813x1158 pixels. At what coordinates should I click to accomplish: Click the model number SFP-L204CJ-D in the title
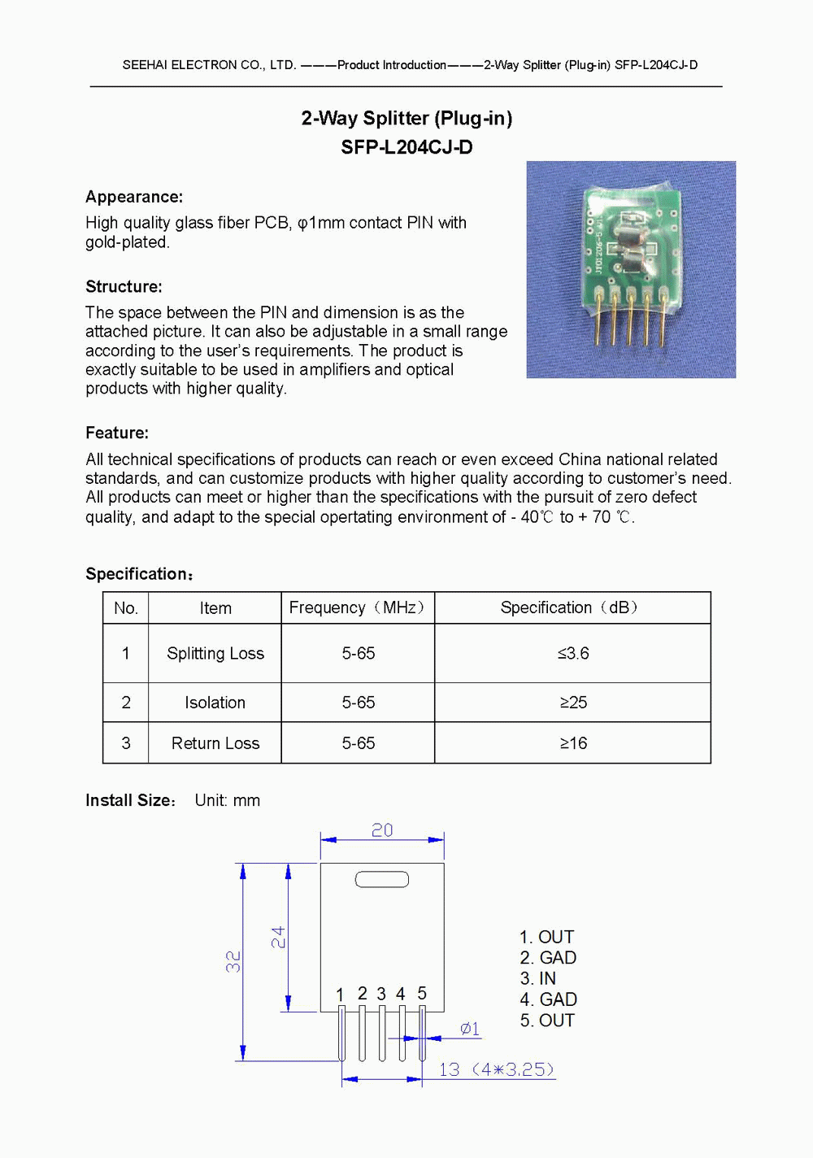pyautogui.click(x=406, y=147)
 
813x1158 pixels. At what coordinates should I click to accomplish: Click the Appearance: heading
pyautogui.click(x=134, y=197)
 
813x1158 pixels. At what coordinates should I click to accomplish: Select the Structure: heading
pyautogui.click(x=124, y=286)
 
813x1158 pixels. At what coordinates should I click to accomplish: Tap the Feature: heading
pyautogui.click(x=117, y=433)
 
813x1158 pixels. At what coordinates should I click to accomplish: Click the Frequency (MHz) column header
pyautogui.click(x=357, y=607)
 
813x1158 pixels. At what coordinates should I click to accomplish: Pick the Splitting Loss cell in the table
pyautogui.click(x=215, y=653)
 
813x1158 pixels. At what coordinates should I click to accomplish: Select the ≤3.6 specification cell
pyautogui.click(x=573, y=653)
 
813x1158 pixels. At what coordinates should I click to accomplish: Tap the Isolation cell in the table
pyautogui.click(x=215, y=703)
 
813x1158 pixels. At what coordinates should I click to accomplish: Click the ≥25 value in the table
pyautogui.click(x=573, y=703)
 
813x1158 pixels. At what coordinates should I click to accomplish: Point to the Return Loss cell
pyautogui.click(x=215, y=743)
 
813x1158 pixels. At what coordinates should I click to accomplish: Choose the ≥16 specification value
pyautogui.click(x=573, y=743)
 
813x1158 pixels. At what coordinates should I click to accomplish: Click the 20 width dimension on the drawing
pyautogui.click(x=382, y=830)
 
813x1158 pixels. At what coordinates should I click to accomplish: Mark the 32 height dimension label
pyautogui.click(x=233, y=961)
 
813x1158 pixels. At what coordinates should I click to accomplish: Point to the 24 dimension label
pyautogui.click(x=278, y=937)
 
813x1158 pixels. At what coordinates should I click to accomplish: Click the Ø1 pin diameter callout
pyautogui.click(x=470, y=1029)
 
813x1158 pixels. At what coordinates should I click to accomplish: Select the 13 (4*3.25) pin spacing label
pyautogui.click(x=496, y=1069)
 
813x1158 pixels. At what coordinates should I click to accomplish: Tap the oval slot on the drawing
pyautogui.click(x=382, y=879)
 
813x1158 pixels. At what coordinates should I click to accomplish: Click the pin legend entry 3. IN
pyautogui.click(x=538, y=978)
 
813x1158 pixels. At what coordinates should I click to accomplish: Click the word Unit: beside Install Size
pyautogui.click(x=211, y=800)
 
